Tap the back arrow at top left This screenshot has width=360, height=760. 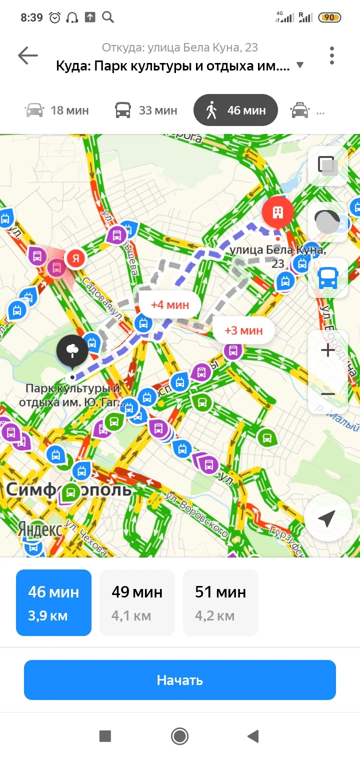click(28, 55)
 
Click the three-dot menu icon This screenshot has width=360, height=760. click(331, 55)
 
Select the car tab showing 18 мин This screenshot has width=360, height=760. click(56, 110)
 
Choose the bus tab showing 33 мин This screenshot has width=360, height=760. click(146, 110)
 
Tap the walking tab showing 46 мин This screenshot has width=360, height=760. click(235, 110)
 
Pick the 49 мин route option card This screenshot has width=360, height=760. click(137, 602)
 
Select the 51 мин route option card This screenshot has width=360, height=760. click(220, 602)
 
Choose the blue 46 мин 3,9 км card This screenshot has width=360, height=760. click(53, 602)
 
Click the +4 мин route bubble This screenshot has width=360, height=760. click(170, 304)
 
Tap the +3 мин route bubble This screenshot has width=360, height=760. click(243, 330)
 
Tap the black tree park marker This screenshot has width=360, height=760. click(72, 350)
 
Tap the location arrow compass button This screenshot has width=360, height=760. click(327, 519)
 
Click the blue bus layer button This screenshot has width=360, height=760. click(328, 278)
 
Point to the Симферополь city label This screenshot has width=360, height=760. click(68, 489)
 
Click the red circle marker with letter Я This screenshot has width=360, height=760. click(76, 258)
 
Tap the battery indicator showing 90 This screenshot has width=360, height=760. click(329, 17)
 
